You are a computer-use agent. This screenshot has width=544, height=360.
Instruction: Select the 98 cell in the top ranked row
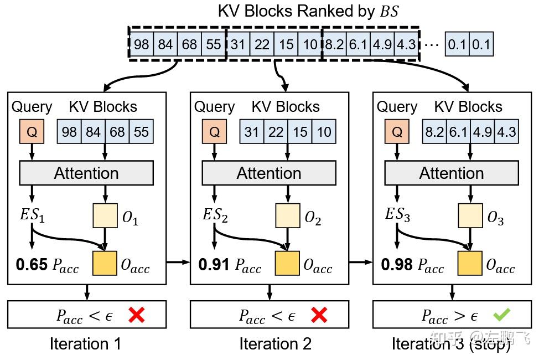pyautogui.click(x=142, y=44)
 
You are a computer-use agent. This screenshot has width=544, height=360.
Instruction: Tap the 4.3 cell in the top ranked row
pyautogui.click(x=406, y=44)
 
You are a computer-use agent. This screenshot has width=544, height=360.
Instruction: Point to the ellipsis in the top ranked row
pyautogui.click(x=433, y=44)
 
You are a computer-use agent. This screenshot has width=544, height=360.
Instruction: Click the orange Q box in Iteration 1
pyautogui.click(x=32, y=132)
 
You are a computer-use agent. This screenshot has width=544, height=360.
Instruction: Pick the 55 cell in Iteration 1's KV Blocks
pyautogui.click(x=141, y=132)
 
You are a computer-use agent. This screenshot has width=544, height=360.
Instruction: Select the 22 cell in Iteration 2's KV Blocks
pyautogui.click(x=276, y=132)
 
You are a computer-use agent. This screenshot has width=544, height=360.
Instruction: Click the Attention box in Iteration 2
pyautogui.click(x=269, y=173)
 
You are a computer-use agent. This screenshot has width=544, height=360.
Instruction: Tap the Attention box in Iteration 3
pyautogui.click(x=452, y=173)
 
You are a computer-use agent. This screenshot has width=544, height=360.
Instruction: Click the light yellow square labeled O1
pyautogui.click(x=105, y=216)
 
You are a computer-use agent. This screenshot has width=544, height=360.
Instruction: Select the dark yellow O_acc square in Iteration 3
pyautogui.click(x=470, y=263)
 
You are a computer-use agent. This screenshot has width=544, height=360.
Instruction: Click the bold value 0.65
pyautogui.click(x=32, y=265)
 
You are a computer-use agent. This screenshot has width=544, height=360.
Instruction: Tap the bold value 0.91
pyautogui.click(x=214, y=265)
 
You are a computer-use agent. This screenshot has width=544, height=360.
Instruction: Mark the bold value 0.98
pyautogui.click(x=397, y=265)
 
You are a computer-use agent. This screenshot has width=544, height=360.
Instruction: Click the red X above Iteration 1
pyautogui.click(x=136, y=315)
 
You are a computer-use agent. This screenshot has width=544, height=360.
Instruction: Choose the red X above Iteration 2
pyautogui.click(x=319, y=315)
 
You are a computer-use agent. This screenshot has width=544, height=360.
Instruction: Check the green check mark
pyautogui.click(x=502, y=315)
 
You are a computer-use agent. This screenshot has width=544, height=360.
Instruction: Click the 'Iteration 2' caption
pyautogui.click(x=275, y=344)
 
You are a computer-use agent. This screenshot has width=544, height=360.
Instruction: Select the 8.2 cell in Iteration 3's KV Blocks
pyautogui.click(x=434, y=132)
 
